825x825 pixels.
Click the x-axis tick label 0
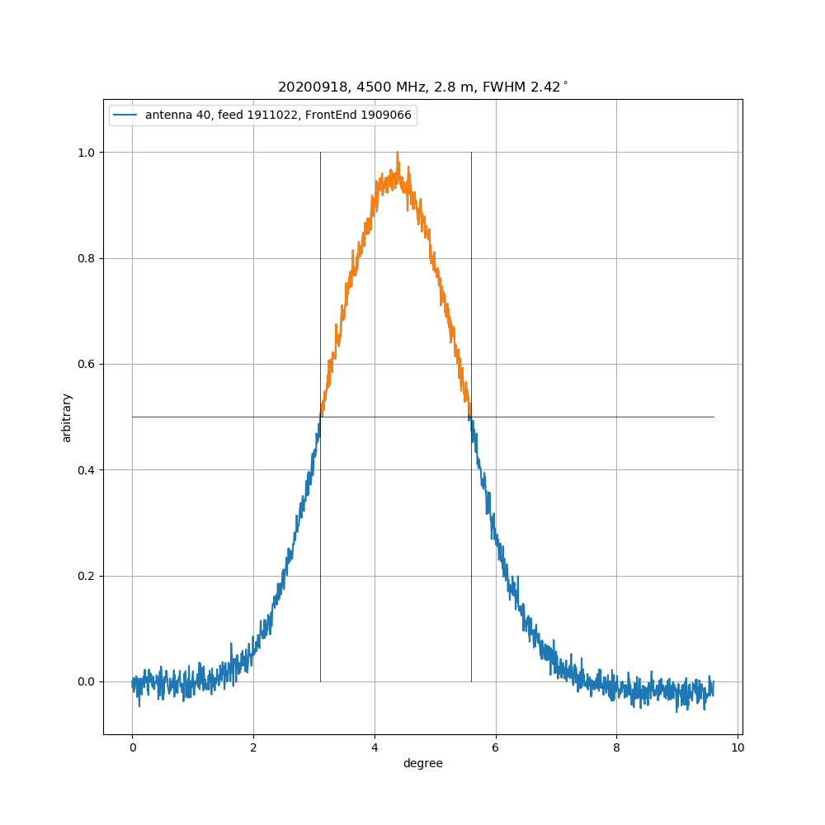click(132, 747)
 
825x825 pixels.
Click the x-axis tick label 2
click(253, 747)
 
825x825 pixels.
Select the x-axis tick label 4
click(375, 747)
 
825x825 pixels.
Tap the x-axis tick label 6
click(496, 747)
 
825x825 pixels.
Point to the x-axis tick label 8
click(616, 747)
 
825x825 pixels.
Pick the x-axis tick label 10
click(738, 747)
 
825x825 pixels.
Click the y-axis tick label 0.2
click(87, 576)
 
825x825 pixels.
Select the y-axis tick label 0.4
click(87, 470)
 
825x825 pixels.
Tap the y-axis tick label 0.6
click(87, 365)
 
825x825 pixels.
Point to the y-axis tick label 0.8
click(87, 259)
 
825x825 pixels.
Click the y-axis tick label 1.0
click(87, 153)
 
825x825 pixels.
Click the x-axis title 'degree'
click(422, 764)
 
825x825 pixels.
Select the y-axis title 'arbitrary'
click(67, 417)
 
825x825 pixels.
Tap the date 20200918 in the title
click(304, 87)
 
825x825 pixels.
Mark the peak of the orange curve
click(398, 153)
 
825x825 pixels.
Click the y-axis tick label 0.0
click(87, 682)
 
